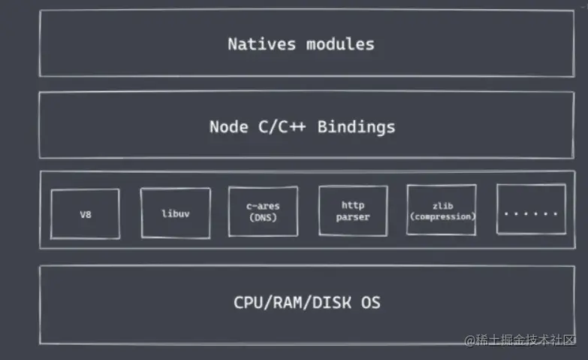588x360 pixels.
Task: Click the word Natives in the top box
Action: coord(263,44)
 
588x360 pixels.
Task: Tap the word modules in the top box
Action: coord(340,44)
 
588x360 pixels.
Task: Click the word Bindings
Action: coord(356,126)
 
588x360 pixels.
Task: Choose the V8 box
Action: coord(85,214)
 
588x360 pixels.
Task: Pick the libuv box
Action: coord(175,213)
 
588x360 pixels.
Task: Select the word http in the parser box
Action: coord(352,204)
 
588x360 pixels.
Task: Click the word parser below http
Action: coord(352,218)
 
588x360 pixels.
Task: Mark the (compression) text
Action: coord(442,216)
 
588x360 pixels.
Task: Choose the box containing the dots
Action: coord(531,210)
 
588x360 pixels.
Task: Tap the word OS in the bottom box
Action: coord(369,304)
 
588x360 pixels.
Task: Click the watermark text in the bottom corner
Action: coord(520,341)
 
